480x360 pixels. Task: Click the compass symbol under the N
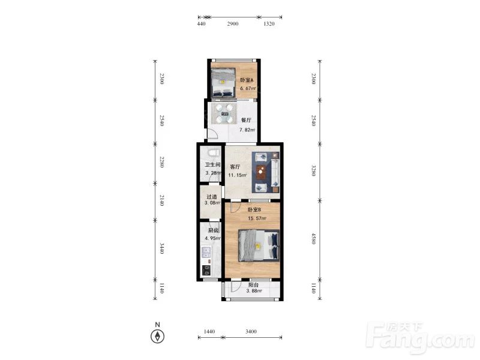tap(158, 337)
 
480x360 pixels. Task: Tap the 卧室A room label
tap(247, 80)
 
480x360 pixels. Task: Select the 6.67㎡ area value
tap(248, 88)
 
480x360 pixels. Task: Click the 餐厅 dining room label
tap(246, 121)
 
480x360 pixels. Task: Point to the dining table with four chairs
tap(224, 113)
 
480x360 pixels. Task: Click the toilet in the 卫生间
tap(214, 152)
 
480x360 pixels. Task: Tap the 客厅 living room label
tap(235, 167)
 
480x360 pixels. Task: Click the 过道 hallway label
tap(212, 197)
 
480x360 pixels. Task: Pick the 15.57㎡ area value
tap(257, 218)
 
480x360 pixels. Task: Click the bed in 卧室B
tap(259, 246)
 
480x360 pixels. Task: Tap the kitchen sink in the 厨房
tap(206, 253)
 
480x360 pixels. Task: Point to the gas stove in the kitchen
tap(206, 271)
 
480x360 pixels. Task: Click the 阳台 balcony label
tap(253, 284)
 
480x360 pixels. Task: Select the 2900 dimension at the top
tap(233, 24)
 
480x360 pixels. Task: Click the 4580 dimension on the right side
tap(313, 239)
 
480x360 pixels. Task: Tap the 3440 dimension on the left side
tap(162, 248)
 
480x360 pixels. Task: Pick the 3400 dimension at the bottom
tap(251, 332)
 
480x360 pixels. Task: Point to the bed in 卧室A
tap(223, 83)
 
